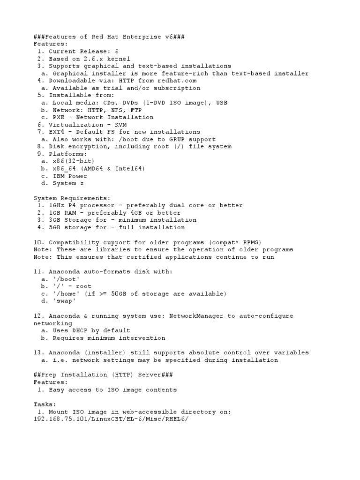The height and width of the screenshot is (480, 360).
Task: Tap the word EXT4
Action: pyautogui.click(x=56, y=132)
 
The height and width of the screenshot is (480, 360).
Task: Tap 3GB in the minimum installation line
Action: pyautogui.click(x=54, y=220)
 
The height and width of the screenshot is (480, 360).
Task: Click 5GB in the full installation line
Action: pyautogui.click(x=54, y=227)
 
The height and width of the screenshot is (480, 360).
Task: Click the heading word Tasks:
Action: pyautogui.click(x=45, y=404)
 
